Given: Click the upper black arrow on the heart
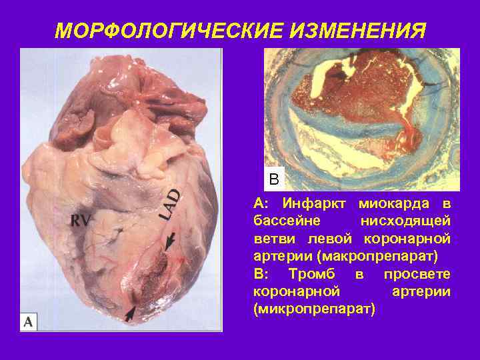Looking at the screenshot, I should pos(172,241).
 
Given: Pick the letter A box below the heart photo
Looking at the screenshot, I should pos(29,322).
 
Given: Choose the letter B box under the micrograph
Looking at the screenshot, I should pos(274,179).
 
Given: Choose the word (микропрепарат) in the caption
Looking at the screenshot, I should pos(315,310).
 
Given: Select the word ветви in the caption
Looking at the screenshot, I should pos(275,239).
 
